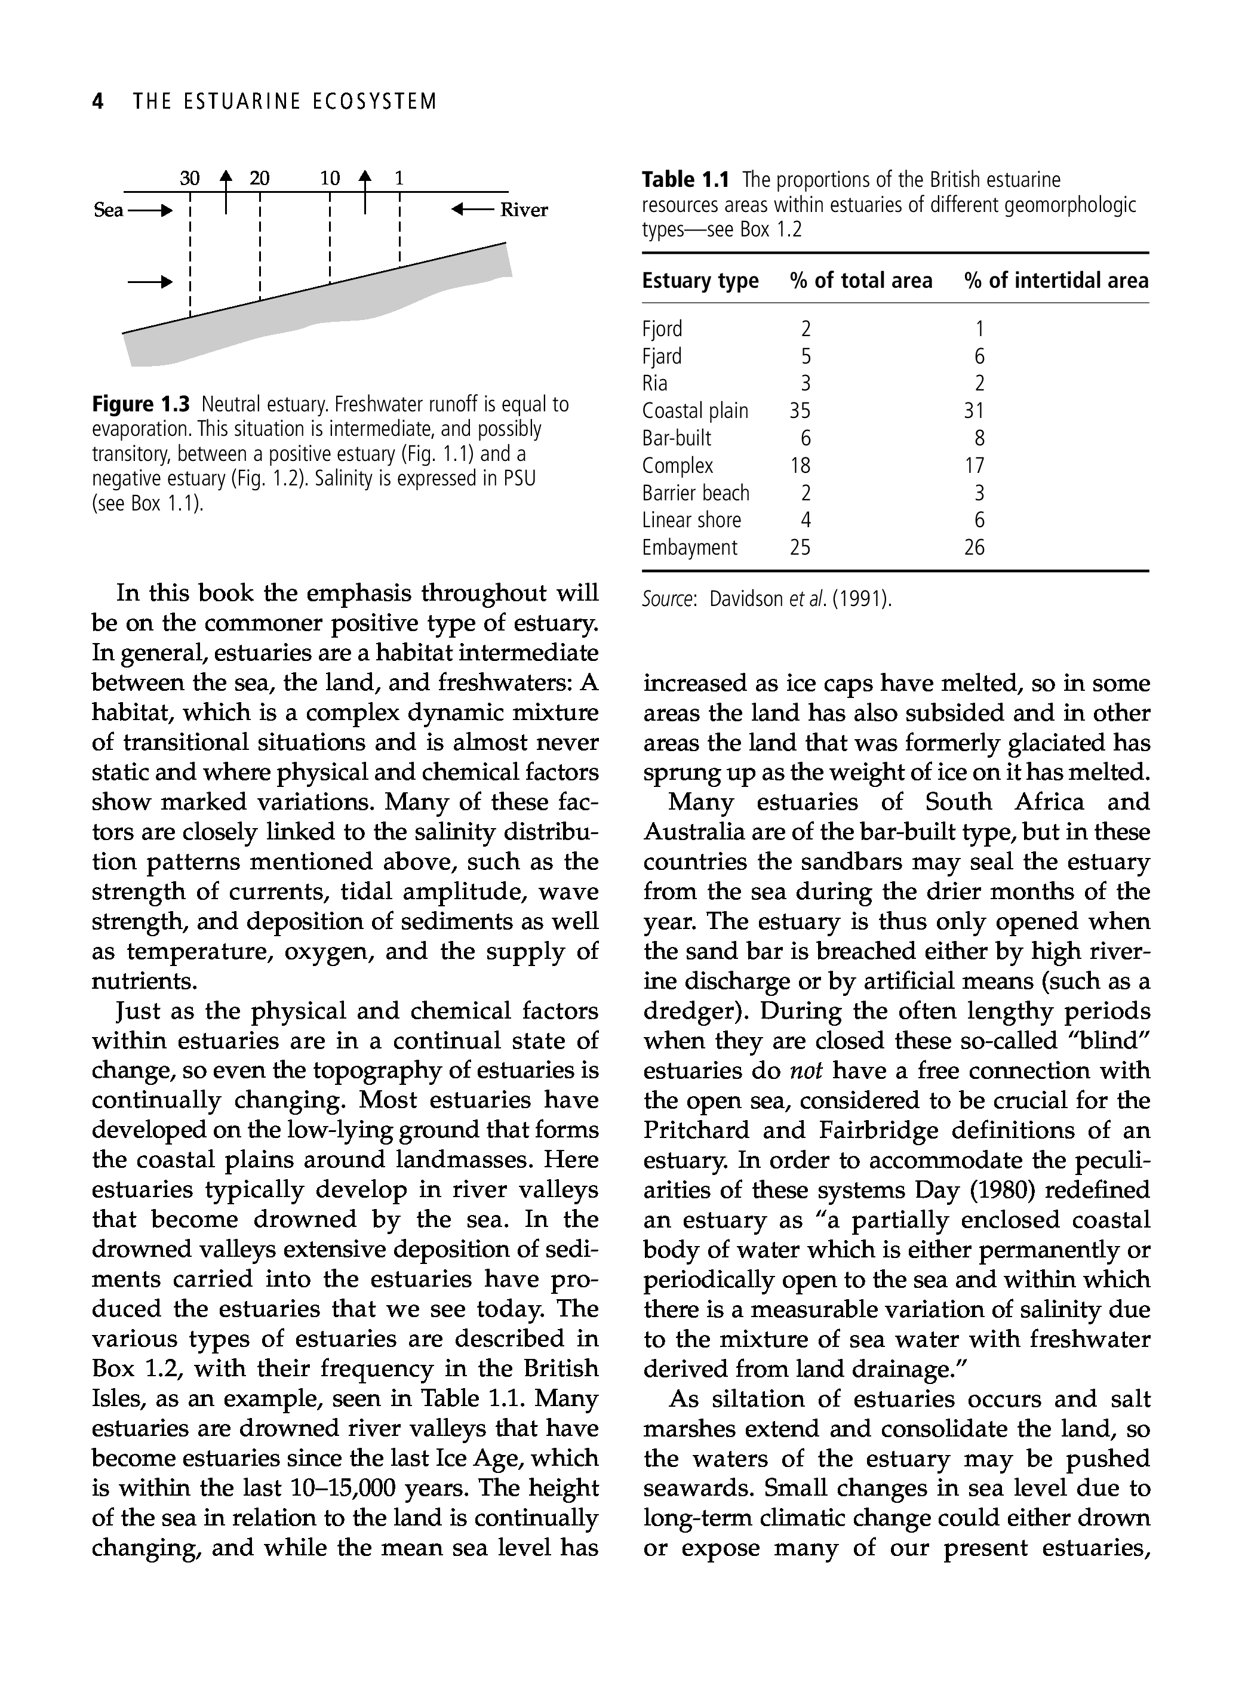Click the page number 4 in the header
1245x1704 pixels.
pos(97,101)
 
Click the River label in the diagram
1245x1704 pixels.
pos(524,210)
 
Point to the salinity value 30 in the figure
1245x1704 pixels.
pos(190,179)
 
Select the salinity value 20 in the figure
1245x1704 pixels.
pos(259,179)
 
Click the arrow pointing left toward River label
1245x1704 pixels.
pos(472,210)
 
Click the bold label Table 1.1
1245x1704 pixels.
pos(686,180)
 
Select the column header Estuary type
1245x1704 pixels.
pos(700,281)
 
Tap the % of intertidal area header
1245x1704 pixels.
pos(1056,281)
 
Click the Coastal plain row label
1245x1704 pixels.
pos(695,411)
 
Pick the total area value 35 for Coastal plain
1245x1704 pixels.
pos(800,411)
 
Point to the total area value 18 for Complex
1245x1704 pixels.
pos(800,466)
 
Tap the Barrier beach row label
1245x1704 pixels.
pos(696,494)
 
